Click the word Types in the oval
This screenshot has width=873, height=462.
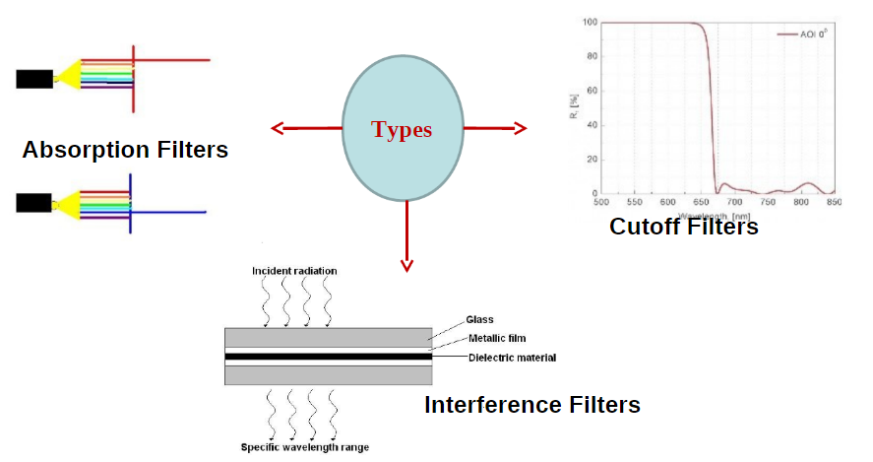402,129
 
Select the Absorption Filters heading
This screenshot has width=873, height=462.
125,150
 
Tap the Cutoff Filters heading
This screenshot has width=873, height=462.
684,227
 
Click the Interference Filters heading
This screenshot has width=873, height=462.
532,405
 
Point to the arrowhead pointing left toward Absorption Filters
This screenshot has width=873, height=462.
277,127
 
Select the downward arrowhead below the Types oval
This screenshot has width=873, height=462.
406,264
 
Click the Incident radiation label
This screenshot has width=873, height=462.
293,271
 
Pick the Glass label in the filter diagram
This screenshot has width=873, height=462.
480,319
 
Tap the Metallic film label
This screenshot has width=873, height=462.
497,338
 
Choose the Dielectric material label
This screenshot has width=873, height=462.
512,357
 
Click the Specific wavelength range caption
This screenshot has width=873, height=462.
305,447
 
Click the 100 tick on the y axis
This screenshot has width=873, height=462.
590,22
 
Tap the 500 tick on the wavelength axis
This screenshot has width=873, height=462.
601,202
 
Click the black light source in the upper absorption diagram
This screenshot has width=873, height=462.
34,79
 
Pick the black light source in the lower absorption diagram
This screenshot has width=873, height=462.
34,203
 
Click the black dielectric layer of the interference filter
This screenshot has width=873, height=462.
328,356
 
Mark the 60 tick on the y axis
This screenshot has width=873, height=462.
592,91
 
